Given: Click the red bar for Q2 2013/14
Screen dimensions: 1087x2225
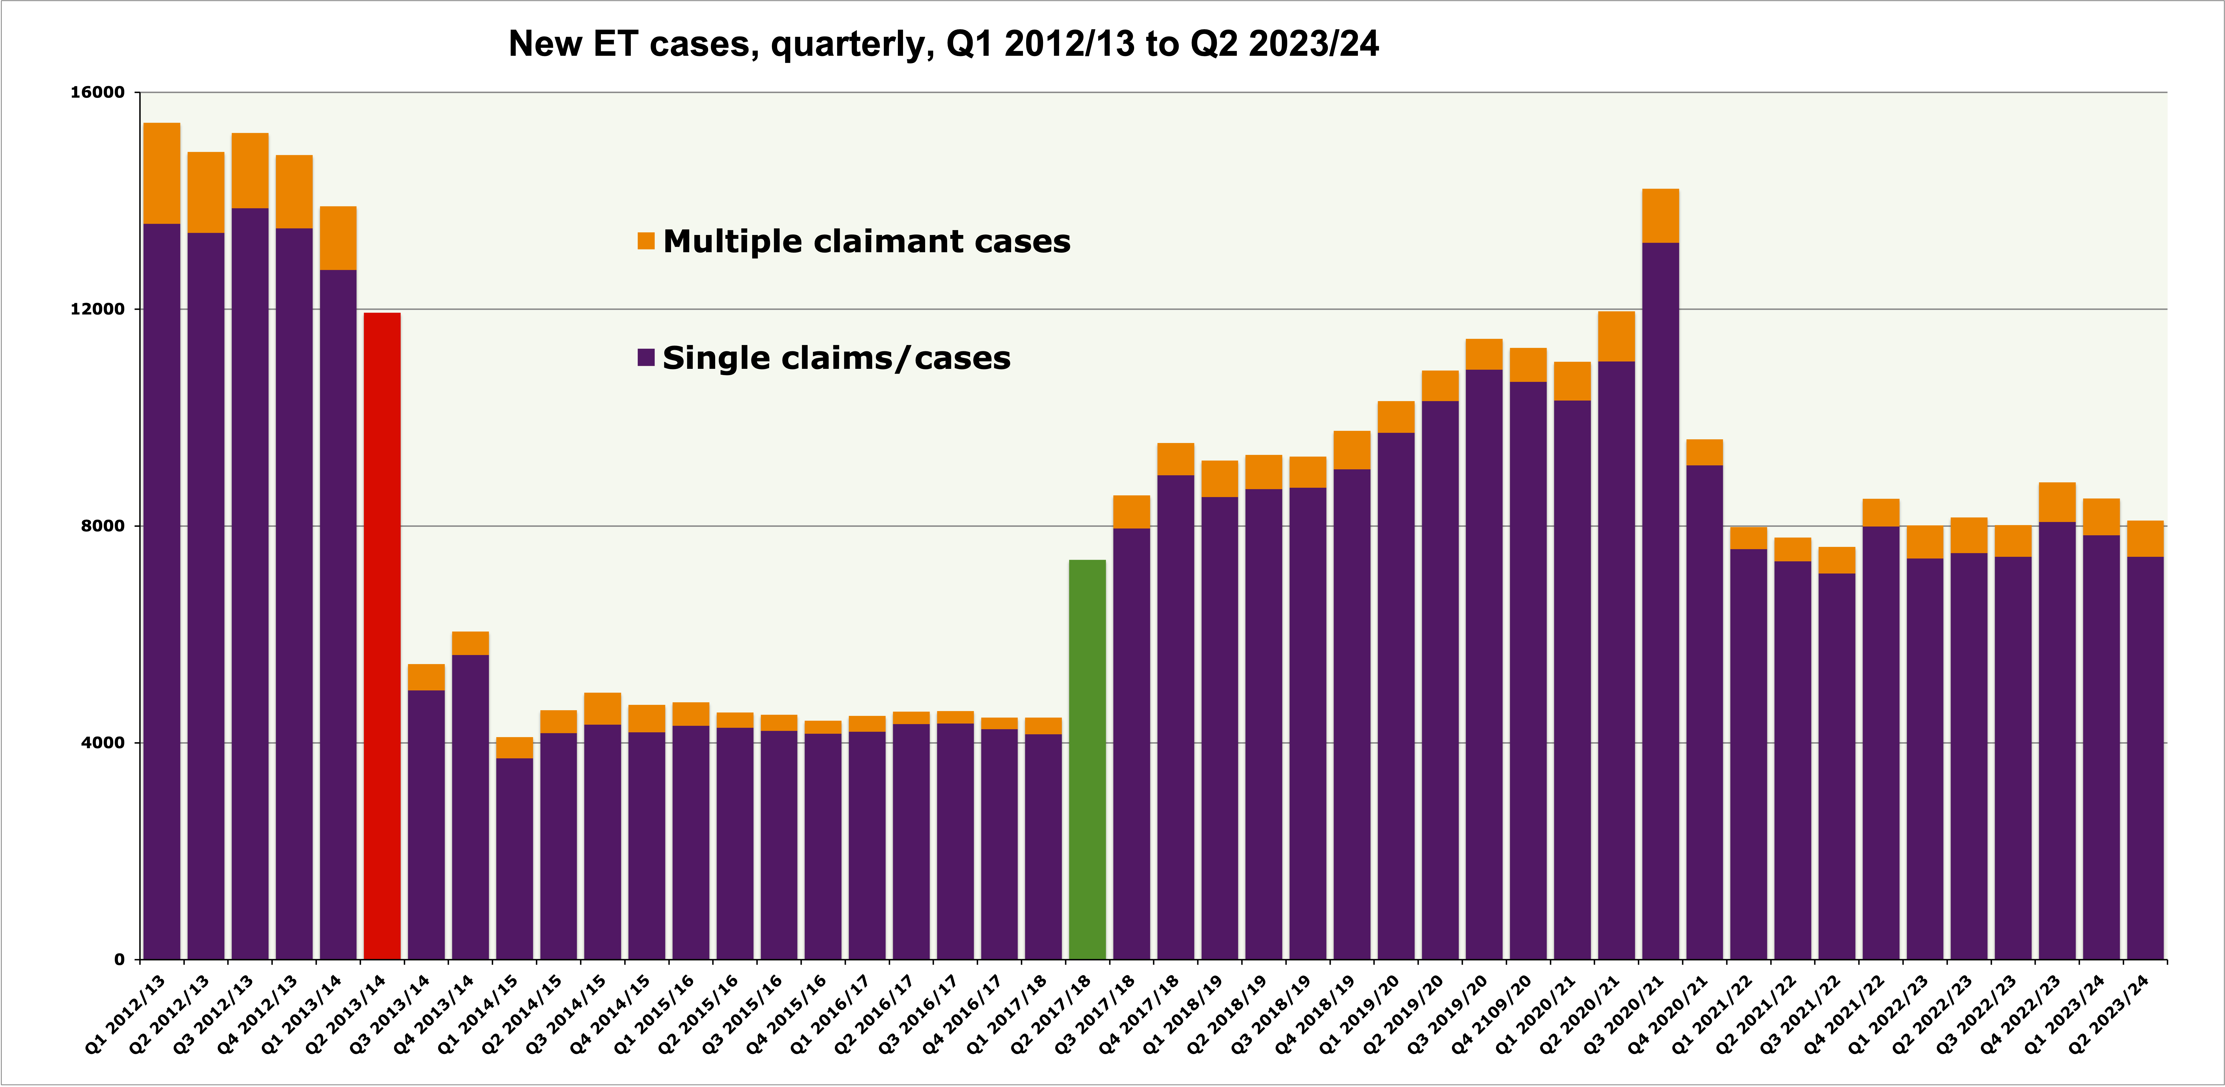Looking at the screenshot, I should coord(382,635).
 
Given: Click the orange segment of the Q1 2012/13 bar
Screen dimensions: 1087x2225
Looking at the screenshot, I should coord(162,173).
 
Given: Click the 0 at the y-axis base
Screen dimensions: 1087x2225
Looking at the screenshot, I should coord(119,959).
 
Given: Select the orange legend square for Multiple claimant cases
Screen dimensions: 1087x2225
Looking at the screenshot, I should coord(645,241).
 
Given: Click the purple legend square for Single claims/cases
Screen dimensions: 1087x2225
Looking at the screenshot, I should coord(645,358).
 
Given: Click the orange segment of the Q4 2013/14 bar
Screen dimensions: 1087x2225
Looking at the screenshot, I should coord(470,643).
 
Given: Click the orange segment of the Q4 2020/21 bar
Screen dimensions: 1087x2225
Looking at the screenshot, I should coord(1704,452).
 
